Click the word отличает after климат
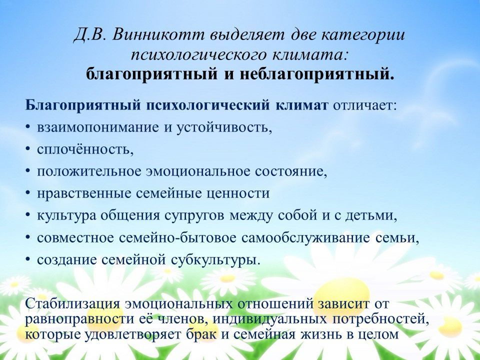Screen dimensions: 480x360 point(363,105)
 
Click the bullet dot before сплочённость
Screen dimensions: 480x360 point(28,149)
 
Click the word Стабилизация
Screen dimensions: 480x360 point(72,304)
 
